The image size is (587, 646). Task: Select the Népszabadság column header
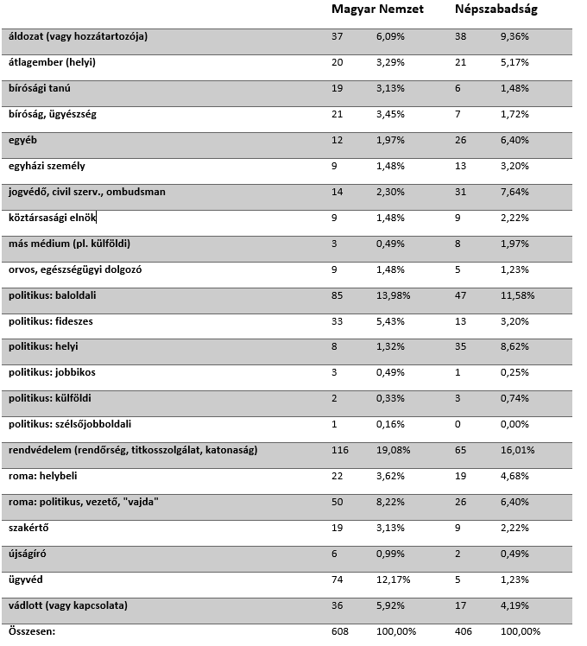click(496, 9)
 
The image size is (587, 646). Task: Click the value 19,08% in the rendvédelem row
click(394, 451)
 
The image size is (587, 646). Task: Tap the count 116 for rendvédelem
click(339, 451)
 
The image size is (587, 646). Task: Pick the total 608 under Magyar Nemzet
click(339, 632)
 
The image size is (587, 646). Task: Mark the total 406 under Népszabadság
click(464, 632)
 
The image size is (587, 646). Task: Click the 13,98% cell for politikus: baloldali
click(394, 295)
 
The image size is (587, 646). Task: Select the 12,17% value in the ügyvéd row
click(394, 580)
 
